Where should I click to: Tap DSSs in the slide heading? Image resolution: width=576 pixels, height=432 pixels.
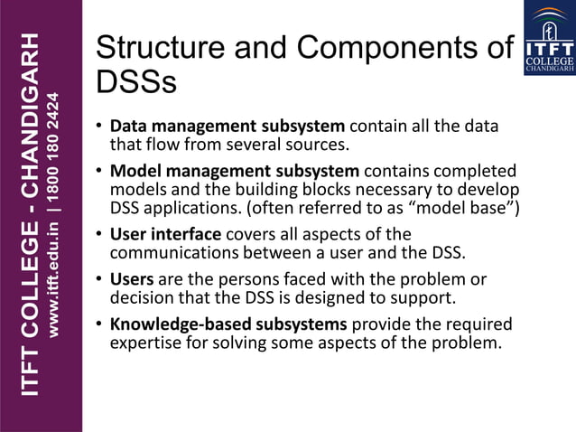pos(136,83)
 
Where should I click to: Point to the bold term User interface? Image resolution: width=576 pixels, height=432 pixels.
pos(165,234)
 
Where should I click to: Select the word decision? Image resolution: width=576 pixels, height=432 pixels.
pos(139,296)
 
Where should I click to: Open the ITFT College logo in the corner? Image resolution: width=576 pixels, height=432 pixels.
pos(549,38)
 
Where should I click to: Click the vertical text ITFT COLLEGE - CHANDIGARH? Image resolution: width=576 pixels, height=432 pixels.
pos(31,215)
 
